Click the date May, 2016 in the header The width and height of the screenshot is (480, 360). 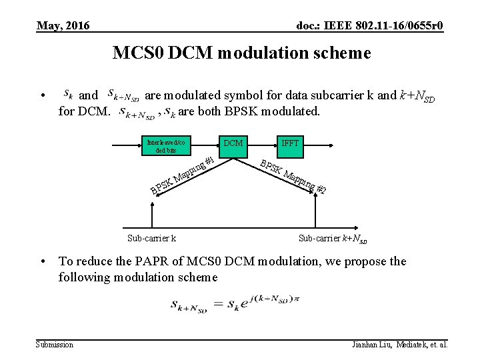[x=63, y=26]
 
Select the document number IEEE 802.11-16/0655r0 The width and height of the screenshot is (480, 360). [x=369, y=26]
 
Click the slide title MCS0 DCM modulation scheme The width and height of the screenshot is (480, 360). [x=241, y=53]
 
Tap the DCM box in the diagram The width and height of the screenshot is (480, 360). [x=233, y=143]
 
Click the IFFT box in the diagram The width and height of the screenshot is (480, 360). [x=290, y=143]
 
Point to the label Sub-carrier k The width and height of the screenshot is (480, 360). [x=151, y=238]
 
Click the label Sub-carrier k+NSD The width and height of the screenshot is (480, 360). [x=333, y=238]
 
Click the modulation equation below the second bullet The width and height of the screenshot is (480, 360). [x=226, y=305]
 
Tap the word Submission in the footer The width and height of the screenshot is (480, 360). [x=55, y=345]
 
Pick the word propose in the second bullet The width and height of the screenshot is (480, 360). [x=363, y=261]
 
